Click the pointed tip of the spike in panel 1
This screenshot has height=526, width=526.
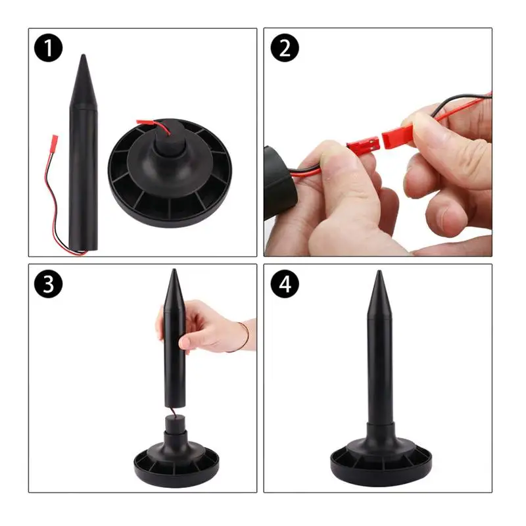click(84, 59)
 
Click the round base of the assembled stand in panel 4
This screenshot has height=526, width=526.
click(381, 460)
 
